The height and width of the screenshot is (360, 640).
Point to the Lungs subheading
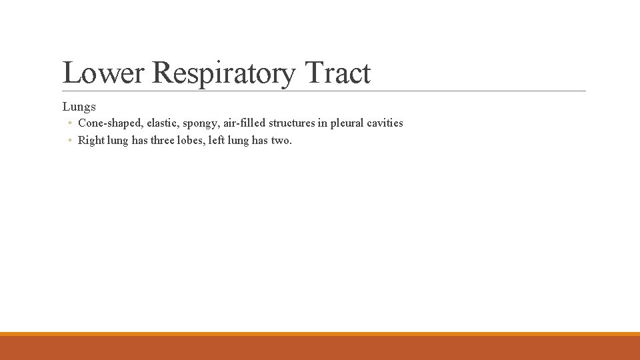(x=79, y=107)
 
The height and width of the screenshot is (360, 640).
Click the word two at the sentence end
(x=281, y=141)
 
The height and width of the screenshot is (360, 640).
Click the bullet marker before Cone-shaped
(x=70, y=124)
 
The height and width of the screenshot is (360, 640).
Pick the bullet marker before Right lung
(x=70, y=141)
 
